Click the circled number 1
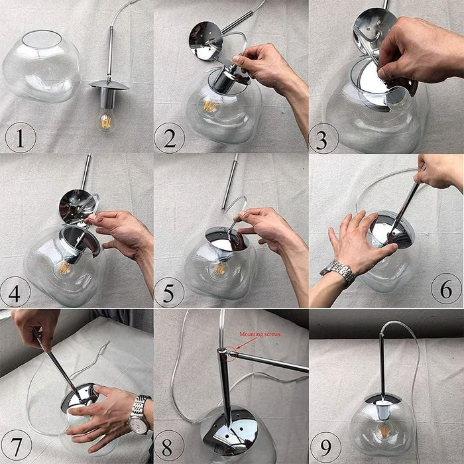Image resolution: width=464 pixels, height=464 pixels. coord(21,137)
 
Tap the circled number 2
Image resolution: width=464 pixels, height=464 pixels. coord(169,138)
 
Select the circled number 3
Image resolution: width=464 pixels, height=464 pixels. coord(323,139)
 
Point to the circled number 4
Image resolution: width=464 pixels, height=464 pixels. coord(15,292)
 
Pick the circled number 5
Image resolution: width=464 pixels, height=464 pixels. coord(169,292)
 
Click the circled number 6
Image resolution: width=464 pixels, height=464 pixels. coord(446,288)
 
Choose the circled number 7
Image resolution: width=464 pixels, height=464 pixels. coord(17,445)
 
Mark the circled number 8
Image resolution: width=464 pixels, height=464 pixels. coord(169,446)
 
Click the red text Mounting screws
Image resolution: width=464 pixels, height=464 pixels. coord(260,334)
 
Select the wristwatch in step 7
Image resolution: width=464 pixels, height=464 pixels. coord(139,414)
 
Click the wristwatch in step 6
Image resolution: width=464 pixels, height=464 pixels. coord(339,272)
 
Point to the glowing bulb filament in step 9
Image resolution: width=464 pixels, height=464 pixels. coord(385,431)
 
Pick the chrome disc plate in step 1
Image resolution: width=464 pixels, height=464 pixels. coord(109,86)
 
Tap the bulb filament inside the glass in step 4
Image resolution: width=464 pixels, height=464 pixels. coord(64,268)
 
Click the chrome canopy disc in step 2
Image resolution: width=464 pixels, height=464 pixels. coord(206,41)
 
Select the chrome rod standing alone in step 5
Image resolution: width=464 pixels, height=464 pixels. coord(229,181)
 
